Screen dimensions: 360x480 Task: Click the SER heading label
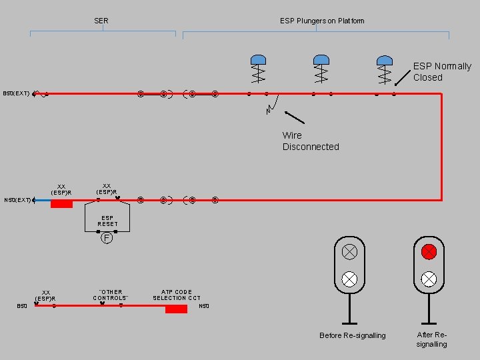coord(101,21)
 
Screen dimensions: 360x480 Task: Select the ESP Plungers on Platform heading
coord(322,21)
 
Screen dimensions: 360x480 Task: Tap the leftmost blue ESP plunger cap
coord(258,59)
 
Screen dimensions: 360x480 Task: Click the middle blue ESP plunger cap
coord(321,59)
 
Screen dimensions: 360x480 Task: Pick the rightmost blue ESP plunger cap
coord(384,59)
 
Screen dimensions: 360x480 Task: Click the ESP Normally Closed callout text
coord(441,71)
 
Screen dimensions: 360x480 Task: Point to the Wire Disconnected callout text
coord(310,141)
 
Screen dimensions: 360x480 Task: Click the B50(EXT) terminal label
coord(16,94)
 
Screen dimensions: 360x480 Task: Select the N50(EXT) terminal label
coord(17,199)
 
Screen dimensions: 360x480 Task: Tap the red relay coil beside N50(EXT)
coord(61,203)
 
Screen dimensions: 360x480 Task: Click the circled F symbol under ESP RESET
coord(107,237)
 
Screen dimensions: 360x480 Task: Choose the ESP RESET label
coord(107,221)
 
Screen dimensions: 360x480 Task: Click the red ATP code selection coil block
coord(176,309)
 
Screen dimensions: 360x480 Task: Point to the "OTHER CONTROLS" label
coord(111,295)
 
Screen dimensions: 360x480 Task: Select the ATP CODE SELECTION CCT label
coord(177,295)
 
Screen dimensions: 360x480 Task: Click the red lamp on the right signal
coord(429,251)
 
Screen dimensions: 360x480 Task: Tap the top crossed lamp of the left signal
coord(349,251)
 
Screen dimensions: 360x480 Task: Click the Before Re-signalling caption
coord(352,335)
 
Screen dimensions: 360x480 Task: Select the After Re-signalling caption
coord(432,339)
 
